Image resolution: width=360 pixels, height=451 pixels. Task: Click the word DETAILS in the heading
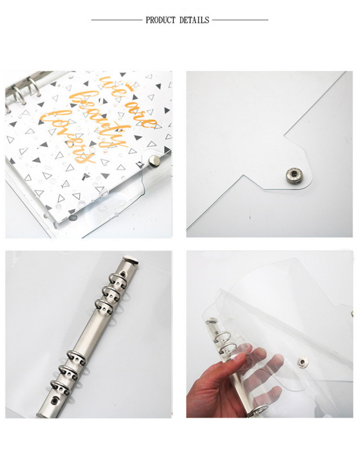195,20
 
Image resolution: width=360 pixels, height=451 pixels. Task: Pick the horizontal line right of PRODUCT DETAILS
240,20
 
